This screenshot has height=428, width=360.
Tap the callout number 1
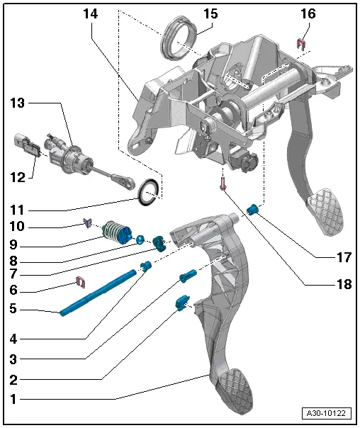[13, 399]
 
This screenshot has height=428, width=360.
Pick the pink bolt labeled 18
[223, 184]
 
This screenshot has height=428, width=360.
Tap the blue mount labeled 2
[181, 304]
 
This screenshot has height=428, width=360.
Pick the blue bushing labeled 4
[147, 266]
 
